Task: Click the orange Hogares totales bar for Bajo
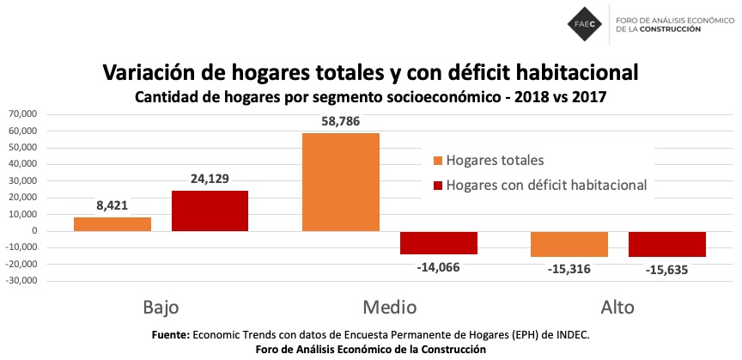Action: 112,224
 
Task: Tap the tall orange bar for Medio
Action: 341,182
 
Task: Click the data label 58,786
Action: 341,122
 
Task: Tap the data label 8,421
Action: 112,206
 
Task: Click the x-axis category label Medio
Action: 389,307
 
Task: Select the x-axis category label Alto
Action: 617,307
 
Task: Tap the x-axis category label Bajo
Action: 161,307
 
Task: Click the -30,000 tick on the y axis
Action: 22,281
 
